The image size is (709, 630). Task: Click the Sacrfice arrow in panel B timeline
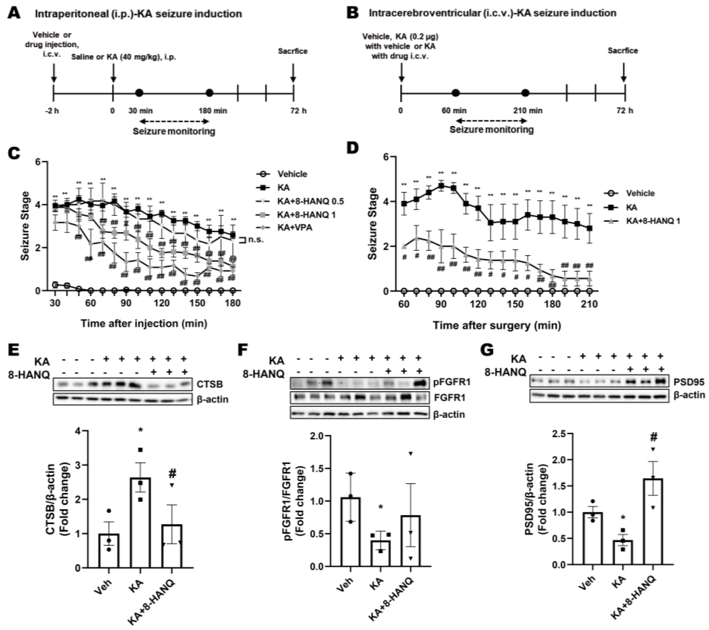(623, 73)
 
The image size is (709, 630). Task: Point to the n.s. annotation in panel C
(256, 239)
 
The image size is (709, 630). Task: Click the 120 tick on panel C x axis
(162, 303)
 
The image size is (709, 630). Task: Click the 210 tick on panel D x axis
(589, 304)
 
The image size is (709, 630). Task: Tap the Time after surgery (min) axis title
(497, 326)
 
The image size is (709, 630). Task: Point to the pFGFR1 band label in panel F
(449, 383)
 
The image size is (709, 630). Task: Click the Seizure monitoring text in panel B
(492, 130)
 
